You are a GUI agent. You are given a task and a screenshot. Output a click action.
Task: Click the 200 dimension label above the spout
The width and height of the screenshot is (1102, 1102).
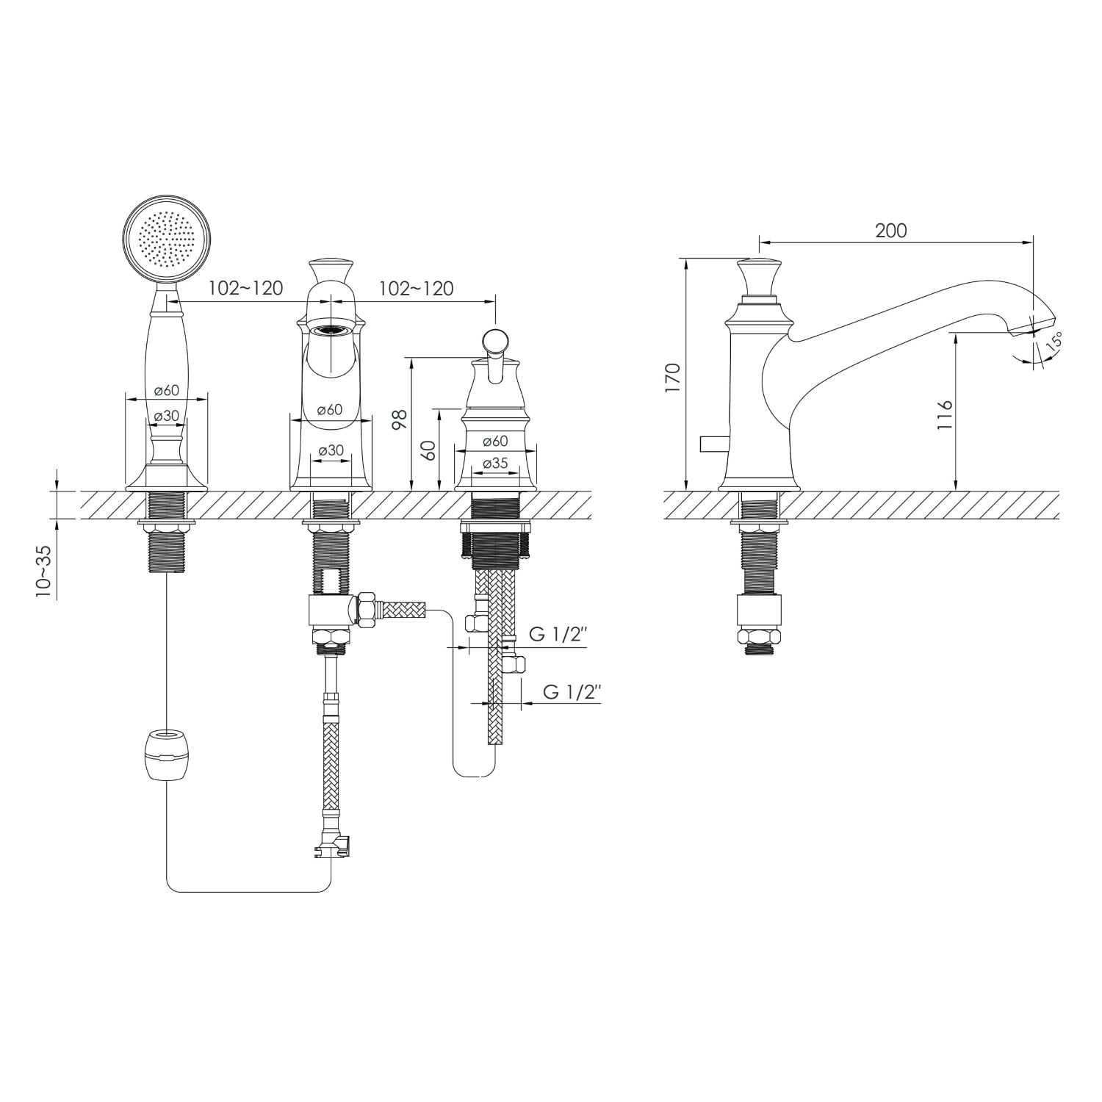891,231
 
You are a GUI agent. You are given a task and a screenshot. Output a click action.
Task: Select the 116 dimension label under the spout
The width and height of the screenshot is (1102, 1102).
945,415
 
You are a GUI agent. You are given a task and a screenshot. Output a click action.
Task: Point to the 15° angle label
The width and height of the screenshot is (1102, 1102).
1056,342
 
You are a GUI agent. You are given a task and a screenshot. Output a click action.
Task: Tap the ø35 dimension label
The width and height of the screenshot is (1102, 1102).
496,463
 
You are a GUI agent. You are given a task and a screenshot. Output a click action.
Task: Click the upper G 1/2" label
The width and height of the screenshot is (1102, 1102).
558,635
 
